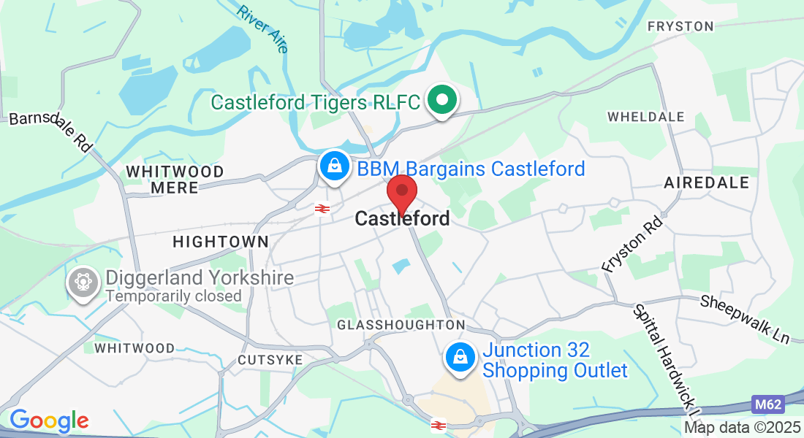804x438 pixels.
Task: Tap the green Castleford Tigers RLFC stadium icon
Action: (441, 101)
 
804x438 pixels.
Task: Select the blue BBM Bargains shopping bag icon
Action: (334, 166)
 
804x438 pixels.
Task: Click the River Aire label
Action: (262, 29)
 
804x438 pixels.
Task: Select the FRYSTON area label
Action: (680, 26)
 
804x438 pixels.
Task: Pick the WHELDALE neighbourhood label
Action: (646, 117)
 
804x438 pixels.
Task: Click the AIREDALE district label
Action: (707, 182)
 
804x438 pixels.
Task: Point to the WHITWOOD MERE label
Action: (175, 180)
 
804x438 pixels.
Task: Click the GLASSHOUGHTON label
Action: (401, 325)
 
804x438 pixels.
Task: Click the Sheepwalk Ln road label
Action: (745, 320)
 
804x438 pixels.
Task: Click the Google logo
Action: (49, 420)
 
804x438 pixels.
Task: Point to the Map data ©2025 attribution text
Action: (742, 428)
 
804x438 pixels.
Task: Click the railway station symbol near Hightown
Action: (321, 210)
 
